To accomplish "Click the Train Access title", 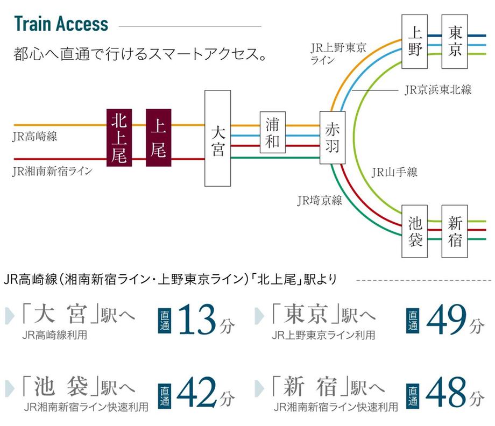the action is tap(61, 24).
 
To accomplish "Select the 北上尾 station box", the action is tap(119, 138).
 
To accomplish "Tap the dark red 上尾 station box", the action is tap(159, 138).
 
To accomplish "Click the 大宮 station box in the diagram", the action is tap(217, 138).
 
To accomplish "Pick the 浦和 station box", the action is tap(273, 132).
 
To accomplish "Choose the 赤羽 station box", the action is tap(333, 138).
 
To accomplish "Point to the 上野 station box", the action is tap(414, 41).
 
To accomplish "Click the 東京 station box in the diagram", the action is tap(455, 41).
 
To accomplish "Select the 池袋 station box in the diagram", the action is tap(414, 231).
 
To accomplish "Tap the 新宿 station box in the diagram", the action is tap(455, 231).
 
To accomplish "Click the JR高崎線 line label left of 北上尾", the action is tap(35, 137).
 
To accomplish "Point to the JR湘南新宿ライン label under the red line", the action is tap(52, 171).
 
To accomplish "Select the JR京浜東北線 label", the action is tap(438, 90).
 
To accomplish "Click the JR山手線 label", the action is tap(394, 172).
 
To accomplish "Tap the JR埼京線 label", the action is tap(320, 201).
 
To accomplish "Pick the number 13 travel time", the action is tap(197, 319).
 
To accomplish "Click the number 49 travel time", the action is tap(447, 319).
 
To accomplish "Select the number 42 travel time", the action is tap(197, 392).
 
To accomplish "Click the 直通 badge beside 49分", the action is tap(413, 321).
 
